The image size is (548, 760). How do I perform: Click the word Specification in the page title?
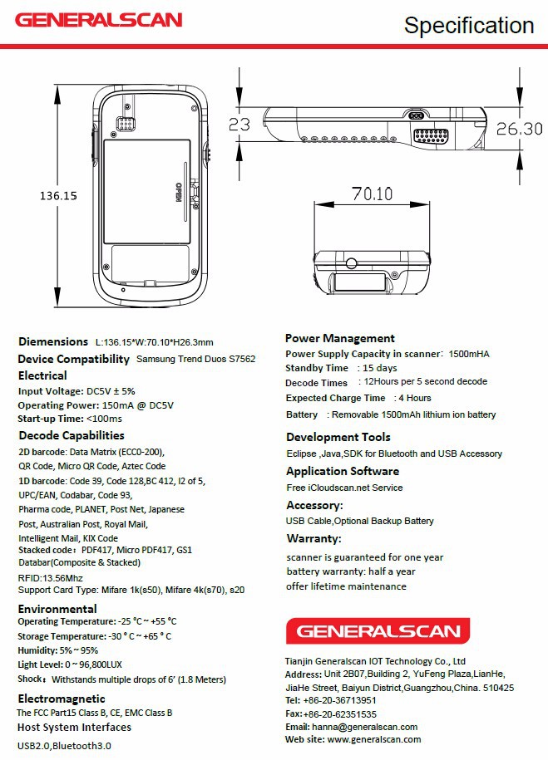pos(469,26)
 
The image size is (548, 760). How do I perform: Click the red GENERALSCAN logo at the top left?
pos(99,19)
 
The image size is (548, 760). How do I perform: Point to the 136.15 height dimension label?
pos(58,196)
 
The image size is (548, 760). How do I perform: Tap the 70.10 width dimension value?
pos(371,194)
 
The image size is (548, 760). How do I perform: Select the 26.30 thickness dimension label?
pos(520,129)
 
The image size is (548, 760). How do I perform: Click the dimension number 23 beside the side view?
pos(239,125)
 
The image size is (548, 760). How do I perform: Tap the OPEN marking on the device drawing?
pos(176,191)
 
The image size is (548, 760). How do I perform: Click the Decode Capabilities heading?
pos(72,435)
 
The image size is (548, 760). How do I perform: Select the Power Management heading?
pos(339,338)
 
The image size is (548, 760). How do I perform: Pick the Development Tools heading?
pos(338,437)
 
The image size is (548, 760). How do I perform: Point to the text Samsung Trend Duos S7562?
pos(195,360)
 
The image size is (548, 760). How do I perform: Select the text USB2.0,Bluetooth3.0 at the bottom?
pos(64,745)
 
